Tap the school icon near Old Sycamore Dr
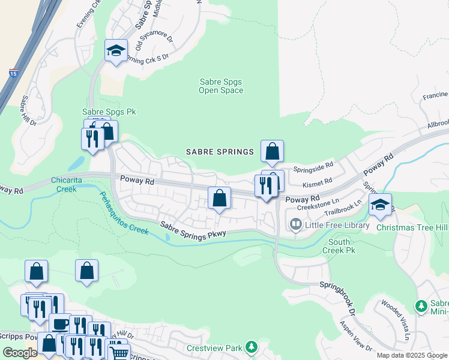pyautogui.click(x=116, y=51)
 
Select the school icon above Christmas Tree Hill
pyautogui.click(x=379, y=205)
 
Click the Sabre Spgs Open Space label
pyautogui.click(x=221, y=86)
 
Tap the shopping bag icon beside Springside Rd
pyautogui.click(x=272, y=151)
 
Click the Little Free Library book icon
pyautogui.click(x=295, y=225)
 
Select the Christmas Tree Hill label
pyautogui.click(x=412, y=227)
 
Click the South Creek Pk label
pyautogui.click(x=340, y=245)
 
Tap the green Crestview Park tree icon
pyautogui.click(x=251, y=347)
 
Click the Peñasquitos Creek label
pyautogui.click(x=123, y=213)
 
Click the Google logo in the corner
pyautogui.click(x=20, y=353)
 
